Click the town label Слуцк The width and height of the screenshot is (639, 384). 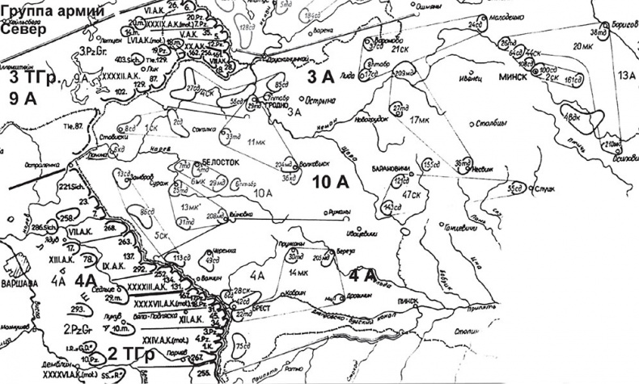544,188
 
